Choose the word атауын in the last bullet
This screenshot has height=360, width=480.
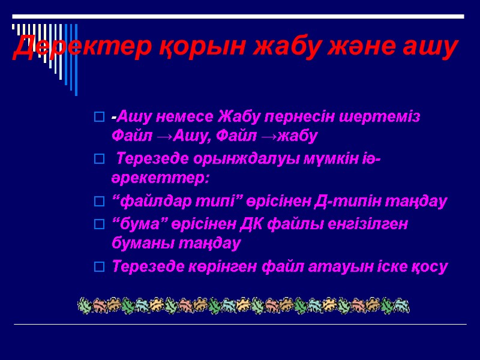click(x=344, y=267)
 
